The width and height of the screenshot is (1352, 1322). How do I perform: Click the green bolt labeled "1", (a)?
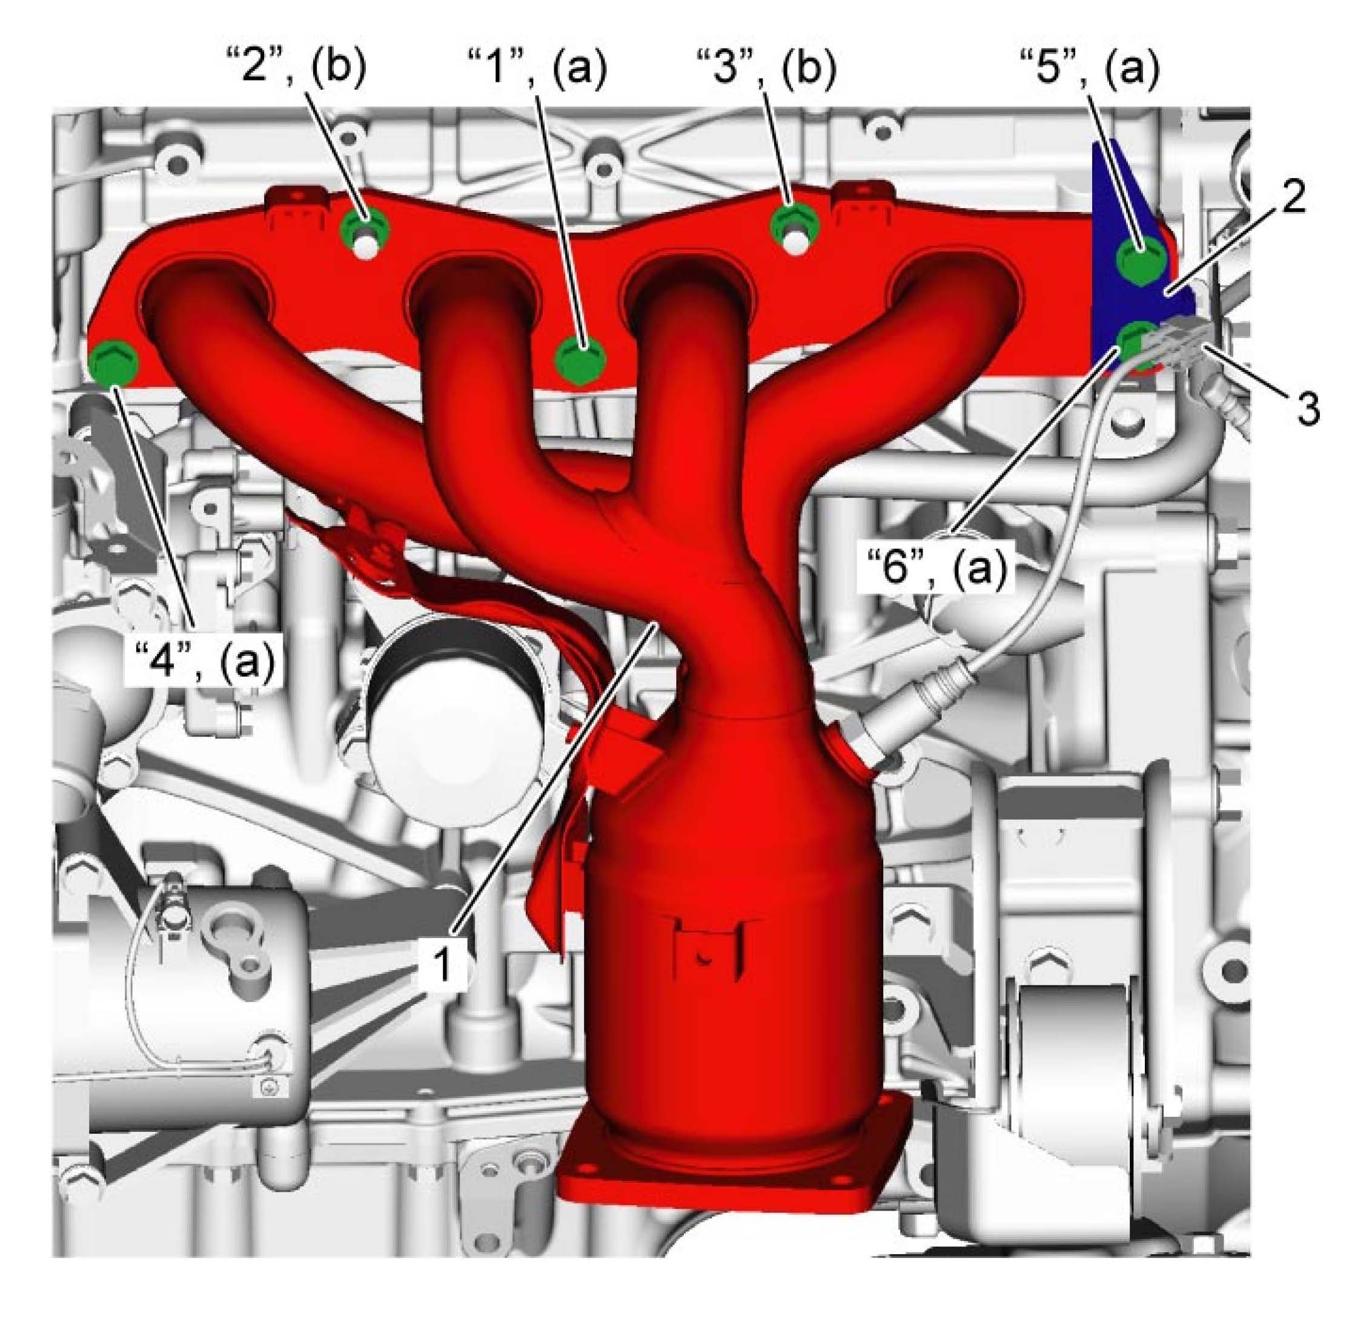pos(580,360)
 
